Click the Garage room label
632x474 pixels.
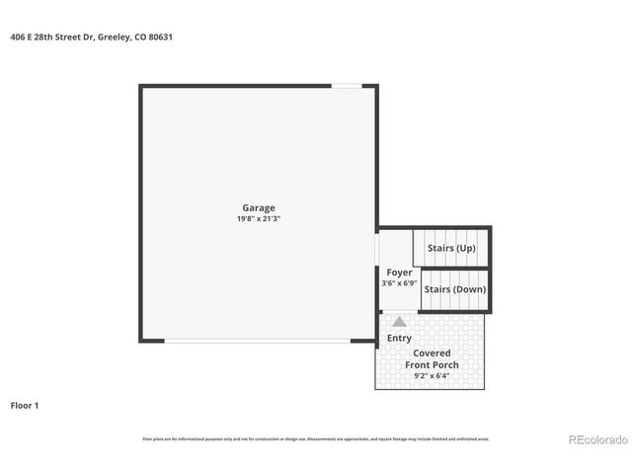(259, 207)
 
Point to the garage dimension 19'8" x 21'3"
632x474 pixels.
(259, 218)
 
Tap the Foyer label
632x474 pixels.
(399, 273)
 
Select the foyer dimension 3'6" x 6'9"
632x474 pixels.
(399, 283)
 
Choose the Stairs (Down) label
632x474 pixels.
(454, 289)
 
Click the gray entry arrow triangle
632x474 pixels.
(399, 322)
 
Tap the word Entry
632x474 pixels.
(399, 338)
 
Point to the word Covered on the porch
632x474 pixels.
(432, 353)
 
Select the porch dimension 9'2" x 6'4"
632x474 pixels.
(432, 376)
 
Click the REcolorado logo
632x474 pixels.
(595, 439)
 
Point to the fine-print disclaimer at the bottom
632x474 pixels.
(316, 438)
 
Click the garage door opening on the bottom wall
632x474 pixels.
(257, 341)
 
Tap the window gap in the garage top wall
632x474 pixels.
(345, 87)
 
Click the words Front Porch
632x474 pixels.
(432, 364)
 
